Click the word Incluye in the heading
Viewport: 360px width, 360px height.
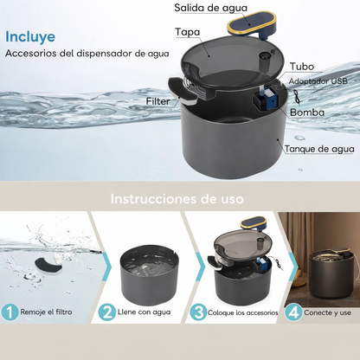pyautogui.click(x=31, y=37)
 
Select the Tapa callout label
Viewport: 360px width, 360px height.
pyautogui.click(x=188, y=32)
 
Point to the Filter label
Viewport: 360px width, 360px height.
pyautogui.click(x=158, y=101)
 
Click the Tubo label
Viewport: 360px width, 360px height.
pyautogui.click(x=302, y=66)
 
